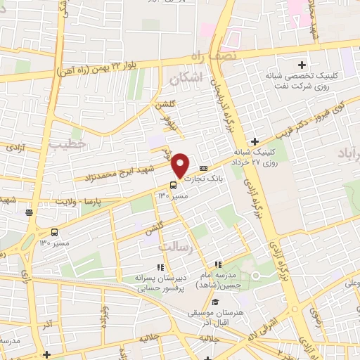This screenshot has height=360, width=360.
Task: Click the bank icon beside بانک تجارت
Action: coord(203,167)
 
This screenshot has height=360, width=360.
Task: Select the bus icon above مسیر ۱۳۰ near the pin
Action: coord(173,186)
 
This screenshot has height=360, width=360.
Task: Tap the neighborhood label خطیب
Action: coord(67,143)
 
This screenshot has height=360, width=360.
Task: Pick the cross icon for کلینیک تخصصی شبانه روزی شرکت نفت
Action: coord(302,65)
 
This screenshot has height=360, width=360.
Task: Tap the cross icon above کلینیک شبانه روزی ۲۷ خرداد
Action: coord(255,141)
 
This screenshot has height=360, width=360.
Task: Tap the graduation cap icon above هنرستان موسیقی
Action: coord(213,302)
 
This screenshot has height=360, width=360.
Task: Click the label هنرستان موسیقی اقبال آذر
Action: coord(214,316)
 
